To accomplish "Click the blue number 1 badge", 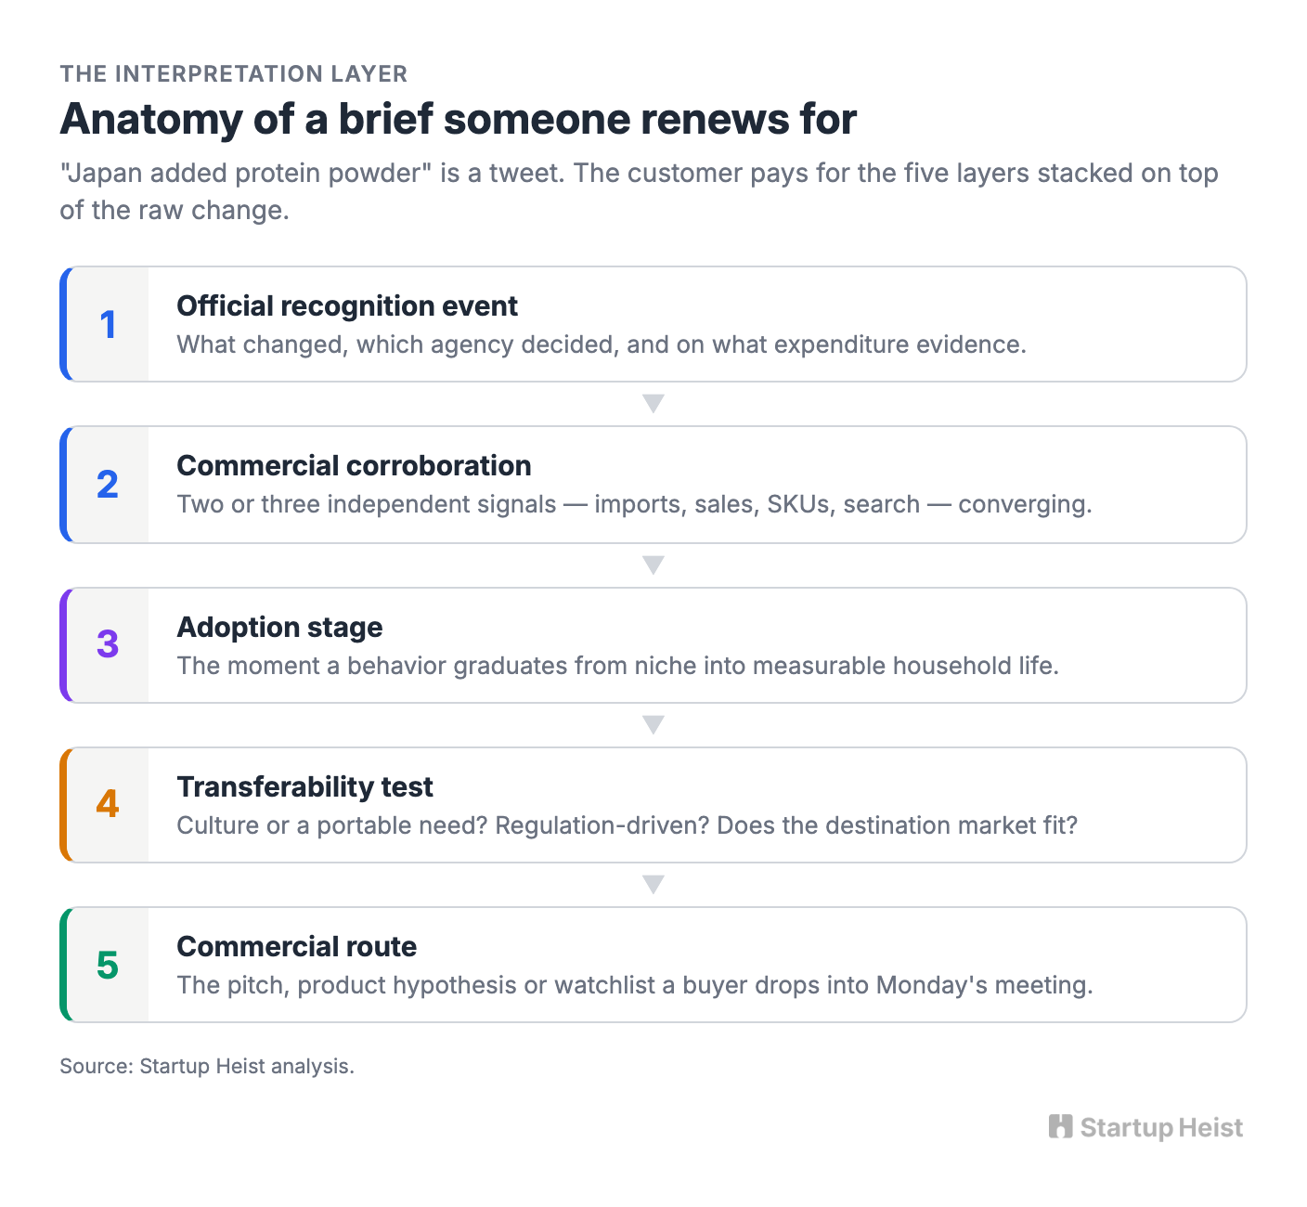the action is [x=108, y=325].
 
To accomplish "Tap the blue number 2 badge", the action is [x=108, y=484].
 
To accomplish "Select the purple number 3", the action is [x=108, y=644].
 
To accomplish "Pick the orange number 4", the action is [x=108, y=804].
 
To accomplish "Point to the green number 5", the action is [x=108, y=965].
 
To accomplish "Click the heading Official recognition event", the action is [x=347, y=306].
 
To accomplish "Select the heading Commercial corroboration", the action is [x=354, y=465].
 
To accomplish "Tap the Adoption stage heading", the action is [x=279, y=628].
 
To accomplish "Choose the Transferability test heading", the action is [x=304, y=787].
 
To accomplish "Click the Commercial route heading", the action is [x=297, y=947].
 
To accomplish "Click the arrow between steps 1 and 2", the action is [x=653, y=403].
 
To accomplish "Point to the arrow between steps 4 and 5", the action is [x=653, y=884].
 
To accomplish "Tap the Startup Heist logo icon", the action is [x=1060, y=1126].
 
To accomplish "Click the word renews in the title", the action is [x=715, y=119].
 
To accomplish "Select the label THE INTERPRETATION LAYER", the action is [x=234, y=73].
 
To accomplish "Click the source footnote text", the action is [x=207, y=1066].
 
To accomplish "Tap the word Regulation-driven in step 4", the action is [x=602, y=825].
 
